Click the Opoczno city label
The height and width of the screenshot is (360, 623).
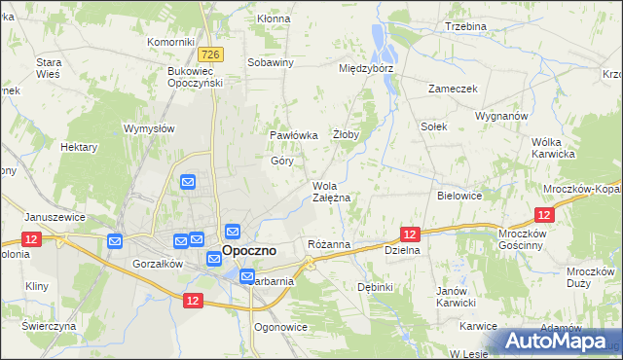click(x=249, y=250)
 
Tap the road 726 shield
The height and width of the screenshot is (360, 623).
click(x=215, y=54)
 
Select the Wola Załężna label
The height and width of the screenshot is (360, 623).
click(x=331, y=192)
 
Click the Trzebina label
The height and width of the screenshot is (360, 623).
click(x=465, y=26)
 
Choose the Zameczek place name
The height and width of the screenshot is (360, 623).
click(x=453, y=88)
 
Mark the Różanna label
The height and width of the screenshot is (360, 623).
click(x=328, y=244)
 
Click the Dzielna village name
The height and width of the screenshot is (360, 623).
click(x=402, y=250)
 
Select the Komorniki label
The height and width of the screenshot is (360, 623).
click(x=171, y=42)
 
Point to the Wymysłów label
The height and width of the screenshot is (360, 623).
click(x=149, y=128)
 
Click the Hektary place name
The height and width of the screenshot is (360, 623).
click(x=79, y=147)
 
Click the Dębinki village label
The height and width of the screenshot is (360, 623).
click(x=375, y=287)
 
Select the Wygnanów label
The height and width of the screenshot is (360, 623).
click(x=501, y=115)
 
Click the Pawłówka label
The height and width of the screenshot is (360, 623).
click(x=294, y=135)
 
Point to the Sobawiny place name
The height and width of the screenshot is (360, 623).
click(x=271, y=62)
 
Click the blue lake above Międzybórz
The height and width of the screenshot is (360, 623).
click(x=379, y=44)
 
